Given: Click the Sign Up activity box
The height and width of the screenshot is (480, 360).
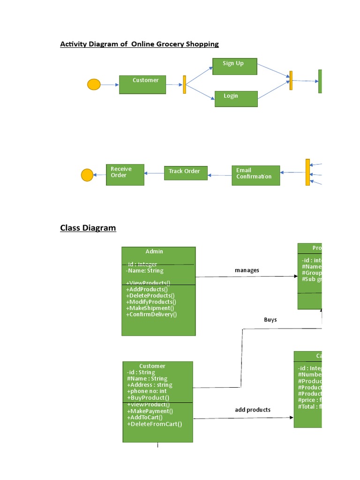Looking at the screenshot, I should (234, 67).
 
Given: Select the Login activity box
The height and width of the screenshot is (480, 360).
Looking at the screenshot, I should (236, 98).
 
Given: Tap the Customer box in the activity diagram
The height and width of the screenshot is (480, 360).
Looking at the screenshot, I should (142, 84).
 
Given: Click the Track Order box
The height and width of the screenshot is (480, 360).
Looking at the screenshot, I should (185, 172).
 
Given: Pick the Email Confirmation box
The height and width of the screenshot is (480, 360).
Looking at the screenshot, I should (255, 175).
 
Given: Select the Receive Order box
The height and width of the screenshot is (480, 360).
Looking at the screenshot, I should (125, 174).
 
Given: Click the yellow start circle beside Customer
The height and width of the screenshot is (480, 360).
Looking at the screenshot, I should (94, 85).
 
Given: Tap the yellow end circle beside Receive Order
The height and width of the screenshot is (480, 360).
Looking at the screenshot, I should (87, 175).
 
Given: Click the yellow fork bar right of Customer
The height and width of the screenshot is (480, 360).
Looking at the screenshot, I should (185, 85).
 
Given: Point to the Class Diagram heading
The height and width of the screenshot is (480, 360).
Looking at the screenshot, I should (88, 228).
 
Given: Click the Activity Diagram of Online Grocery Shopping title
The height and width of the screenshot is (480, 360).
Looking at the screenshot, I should (139, 44).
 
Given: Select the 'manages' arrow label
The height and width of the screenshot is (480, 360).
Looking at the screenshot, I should (247, 270).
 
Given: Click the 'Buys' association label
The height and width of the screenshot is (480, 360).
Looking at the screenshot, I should (270, 320).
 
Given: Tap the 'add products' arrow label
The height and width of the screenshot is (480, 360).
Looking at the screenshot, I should (253, 410).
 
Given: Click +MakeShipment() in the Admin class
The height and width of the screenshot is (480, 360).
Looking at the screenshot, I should (150, 308).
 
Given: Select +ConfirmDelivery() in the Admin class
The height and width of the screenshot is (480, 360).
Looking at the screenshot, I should (151, 315).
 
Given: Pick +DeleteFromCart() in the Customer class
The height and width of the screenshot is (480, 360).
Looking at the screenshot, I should (154, 424).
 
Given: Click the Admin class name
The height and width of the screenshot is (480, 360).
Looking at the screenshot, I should (154, 252).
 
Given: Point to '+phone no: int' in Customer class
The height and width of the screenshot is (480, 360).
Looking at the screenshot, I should (147, 391).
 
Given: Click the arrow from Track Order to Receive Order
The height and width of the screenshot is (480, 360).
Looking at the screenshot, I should (154, 173).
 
